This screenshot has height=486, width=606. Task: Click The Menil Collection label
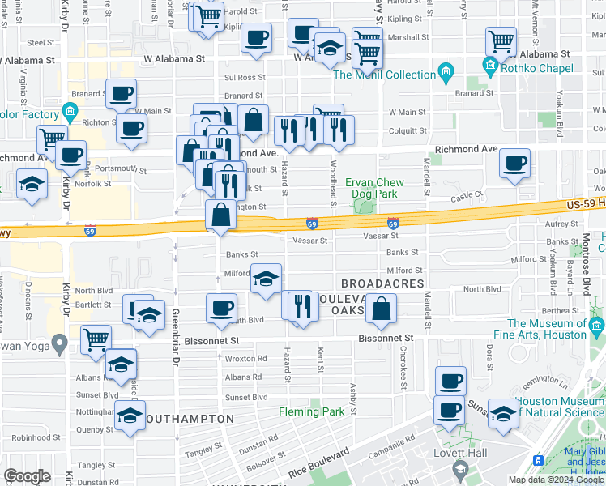pyautogui.click(x=385, y=75)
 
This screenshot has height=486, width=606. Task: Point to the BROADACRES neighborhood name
pyautogui.click(x=382, y=283)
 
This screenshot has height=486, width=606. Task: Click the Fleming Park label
pyautogui.click(x=312, y=411)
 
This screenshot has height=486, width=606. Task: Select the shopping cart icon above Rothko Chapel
pyautogui.click(x=501, y=40)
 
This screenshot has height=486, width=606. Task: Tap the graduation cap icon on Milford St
pyautogui.click(x=266, y=278)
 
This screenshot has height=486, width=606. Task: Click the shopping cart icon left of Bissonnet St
pyautogui.click(x=96, y=339)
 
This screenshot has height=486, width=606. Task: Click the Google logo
pyautogui.click(x=27, y=477)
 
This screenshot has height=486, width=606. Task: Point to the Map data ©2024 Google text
pyautogui.click(x=554, y=480)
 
